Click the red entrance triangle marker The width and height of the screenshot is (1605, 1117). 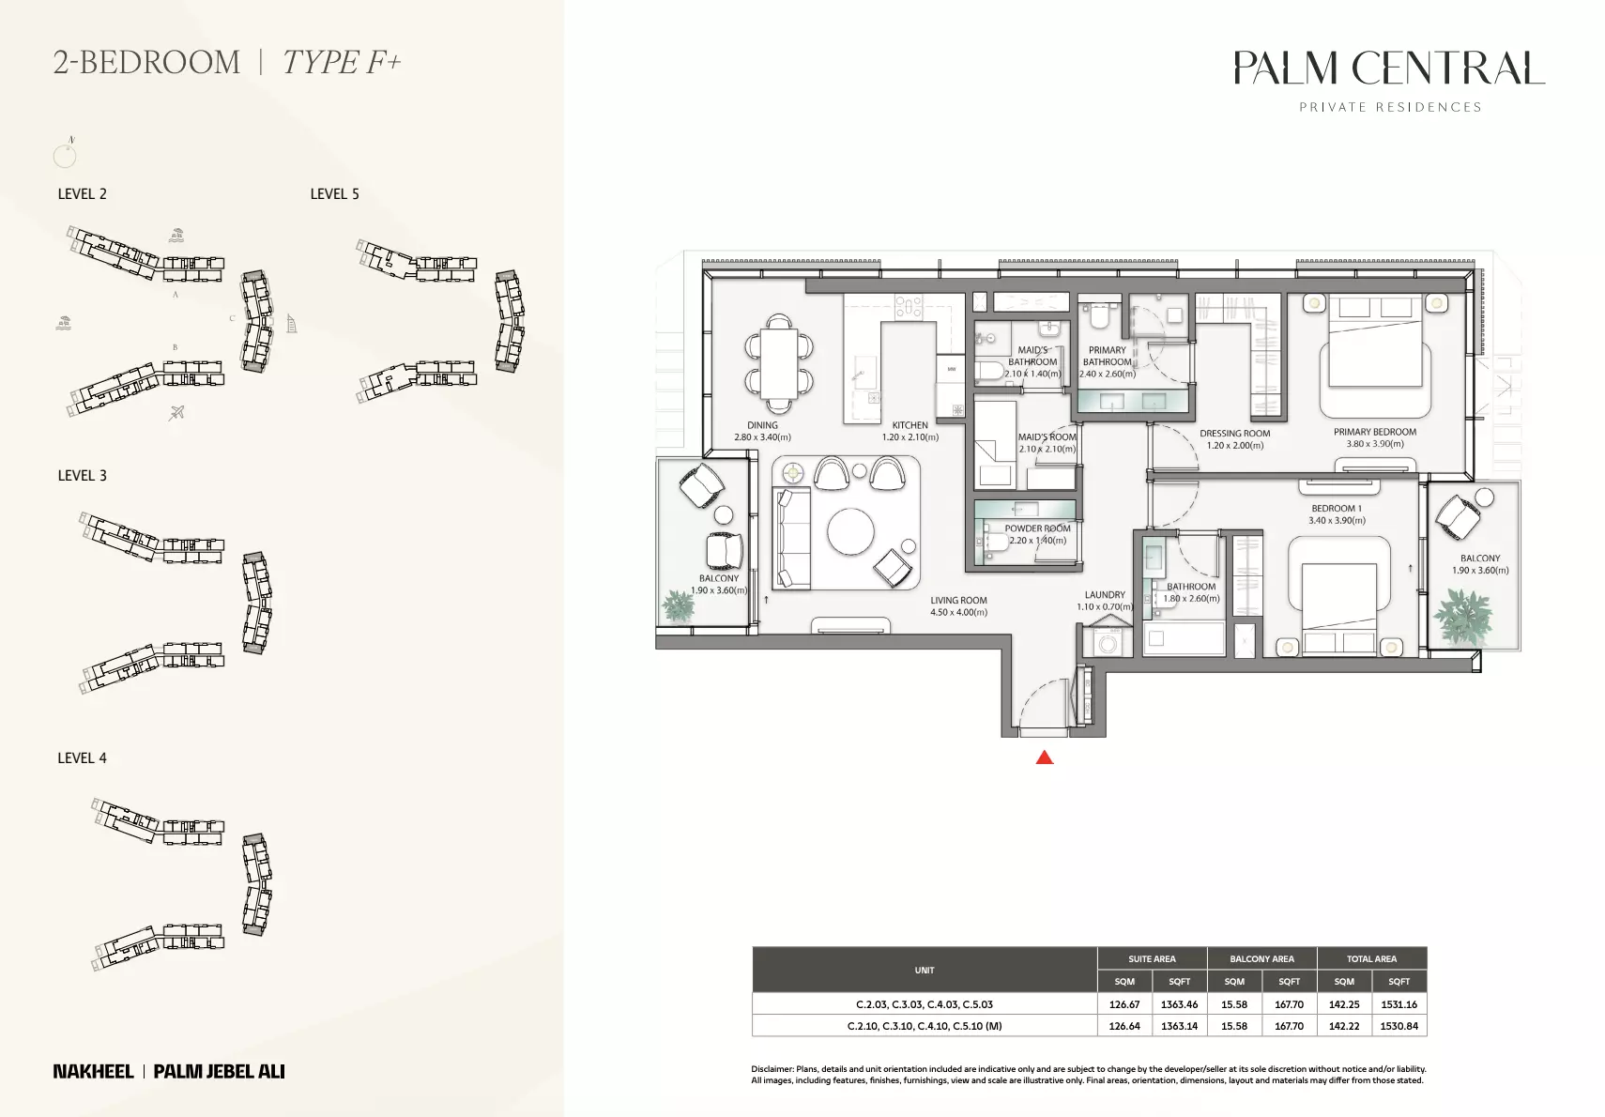pyautogui.click(x=1044, y=757)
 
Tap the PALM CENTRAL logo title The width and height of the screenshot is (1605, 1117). pyautogui.click(x=1388, y=68)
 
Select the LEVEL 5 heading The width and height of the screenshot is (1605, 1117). pyautogui.click(x=335, y=193)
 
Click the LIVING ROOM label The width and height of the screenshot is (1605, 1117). pyautogui.click(x=958, y=601)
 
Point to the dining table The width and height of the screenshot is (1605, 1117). pyautogui.click(x=779, y=363)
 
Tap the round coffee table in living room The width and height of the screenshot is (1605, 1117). pyautogui.click(x=850, y=531)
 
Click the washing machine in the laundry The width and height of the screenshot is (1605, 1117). pyautogui.click(x=1107, y=642)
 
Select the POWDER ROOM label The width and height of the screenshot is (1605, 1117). pyautogui.click(x=1037, y=528)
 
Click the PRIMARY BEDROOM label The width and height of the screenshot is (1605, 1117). pyautogui.click(x=1375, y=432)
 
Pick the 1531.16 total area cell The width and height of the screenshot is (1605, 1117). pyautogui.click(x=1399, y=1003)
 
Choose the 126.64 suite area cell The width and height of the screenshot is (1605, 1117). pyautogui.click(x=1124, y=1025)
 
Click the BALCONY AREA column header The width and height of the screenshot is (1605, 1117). pyautogui.click(x=1261, y=958)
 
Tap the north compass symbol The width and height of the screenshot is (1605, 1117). pyautogui.click(x=65, y=155)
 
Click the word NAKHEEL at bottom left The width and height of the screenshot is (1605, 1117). pyautogui.click(x=93, y=1071)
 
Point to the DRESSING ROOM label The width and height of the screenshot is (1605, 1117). pyautogui.click(x=1234, y=434)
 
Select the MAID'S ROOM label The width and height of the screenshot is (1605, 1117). pyautogui.click(x=1047, y=437)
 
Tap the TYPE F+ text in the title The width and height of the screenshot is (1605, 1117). pyautogui.click(x=341, y=62)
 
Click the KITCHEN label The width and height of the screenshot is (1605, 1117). pyautogui.click(x=910, y=425)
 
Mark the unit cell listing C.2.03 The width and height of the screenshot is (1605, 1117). pyautogui.click(x=925, y=1003)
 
